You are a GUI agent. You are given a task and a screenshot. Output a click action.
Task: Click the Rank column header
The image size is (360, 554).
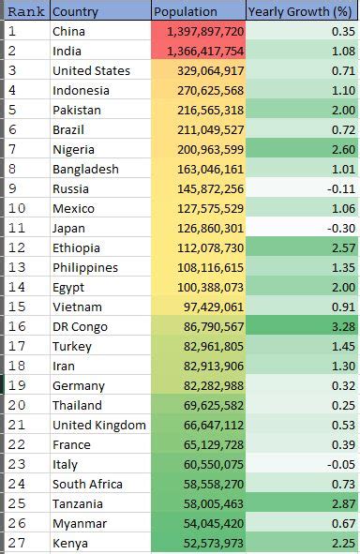pyautogui.click(x=24, y=11)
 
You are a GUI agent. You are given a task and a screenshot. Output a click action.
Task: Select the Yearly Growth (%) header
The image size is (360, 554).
pyautogui.click(x=299, y=11)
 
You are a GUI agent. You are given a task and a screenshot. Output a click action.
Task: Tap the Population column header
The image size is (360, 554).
pyautogui.click(x=185, y=11)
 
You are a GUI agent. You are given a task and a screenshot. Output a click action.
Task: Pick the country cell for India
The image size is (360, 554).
pyautogui.click(x=68, y=51)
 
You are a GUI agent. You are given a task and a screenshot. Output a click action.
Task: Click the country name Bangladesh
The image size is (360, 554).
pyautogui.click(x=85, y=169)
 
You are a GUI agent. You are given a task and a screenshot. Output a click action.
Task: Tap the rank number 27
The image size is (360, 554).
pyautogui.click(x=14, y=543)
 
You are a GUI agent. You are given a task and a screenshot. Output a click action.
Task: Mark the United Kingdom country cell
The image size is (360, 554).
pyautogui.click(x=99, y=425)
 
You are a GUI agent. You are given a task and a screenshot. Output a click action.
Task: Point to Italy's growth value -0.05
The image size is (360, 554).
pyautogui.click(x=340, y=464)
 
